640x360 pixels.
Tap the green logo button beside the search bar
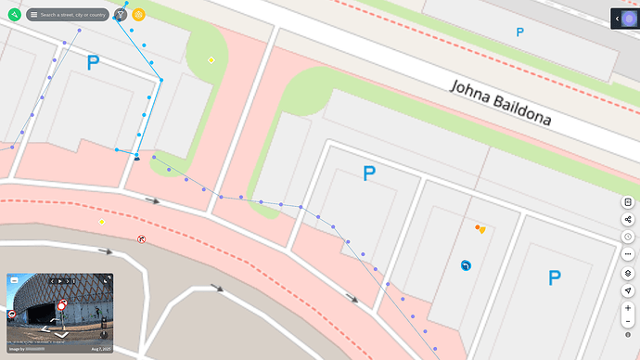pyautogui.click(x=14, y=15)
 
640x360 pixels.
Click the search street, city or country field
pyautogui.click(x=72, y=15)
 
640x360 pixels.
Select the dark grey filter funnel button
pyautogui.click(x=121, y=15)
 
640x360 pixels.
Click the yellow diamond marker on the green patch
pyautogui.click(x=211, y=60)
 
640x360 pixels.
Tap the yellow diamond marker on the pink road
pyautogui.click(x=102, y=222)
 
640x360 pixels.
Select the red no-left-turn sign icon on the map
pyautogui.click(x=141, y=238)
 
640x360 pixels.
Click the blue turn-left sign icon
pyautogui.click(x=466, y=265)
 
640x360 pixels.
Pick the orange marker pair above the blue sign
pyautogui.click(x=480, y=228)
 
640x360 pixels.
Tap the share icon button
pyautogui.click(x=628, y=220)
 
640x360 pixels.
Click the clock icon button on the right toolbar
pyautogui.click(x=628, y=237)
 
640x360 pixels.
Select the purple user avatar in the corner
pyautogui.click(x=629, y=19)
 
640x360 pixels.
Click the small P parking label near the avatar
pyautogui.click(x=519, y=32)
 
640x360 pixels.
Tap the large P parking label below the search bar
pyautogui.click(x=93, y=63)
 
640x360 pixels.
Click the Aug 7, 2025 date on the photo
pyautogui.click(x=100, y=349)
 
